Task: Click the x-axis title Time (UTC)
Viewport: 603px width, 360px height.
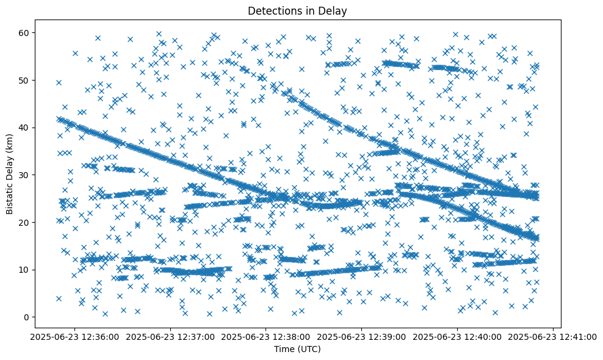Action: click(298, 349)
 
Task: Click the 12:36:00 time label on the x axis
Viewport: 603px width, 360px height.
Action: click(75, 336)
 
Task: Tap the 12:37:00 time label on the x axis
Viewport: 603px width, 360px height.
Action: click(171, 336)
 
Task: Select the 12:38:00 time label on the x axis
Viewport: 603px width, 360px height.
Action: click(267, 336)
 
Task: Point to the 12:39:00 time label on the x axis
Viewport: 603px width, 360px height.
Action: click(362, 336)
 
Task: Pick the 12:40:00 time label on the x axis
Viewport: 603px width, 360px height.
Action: click(458, 336)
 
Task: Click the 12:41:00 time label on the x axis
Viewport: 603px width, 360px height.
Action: click(553, 336)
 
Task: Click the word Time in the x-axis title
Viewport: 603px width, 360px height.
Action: click(284, 349)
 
